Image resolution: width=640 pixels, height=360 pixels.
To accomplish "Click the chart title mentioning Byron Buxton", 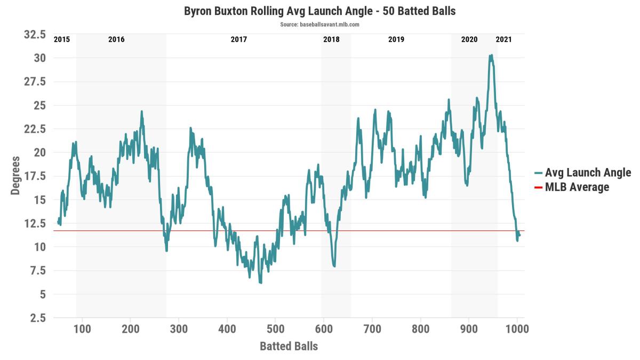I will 319,11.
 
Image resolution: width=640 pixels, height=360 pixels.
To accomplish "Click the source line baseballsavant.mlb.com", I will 319,25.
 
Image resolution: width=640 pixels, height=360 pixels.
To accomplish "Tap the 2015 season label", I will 62,39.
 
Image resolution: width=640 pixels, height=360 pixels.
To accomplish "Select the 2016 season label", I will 116,39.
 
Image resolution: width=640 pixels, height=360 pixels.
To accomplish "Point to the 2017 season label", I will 238,39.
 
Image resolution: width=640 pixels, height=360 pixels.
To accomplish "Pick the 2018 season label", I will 331,39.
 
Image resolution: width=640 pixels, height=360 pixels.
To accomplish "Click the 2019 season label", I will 396,39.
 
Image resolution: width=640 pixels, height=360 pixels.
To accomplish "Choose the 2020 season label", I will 469,39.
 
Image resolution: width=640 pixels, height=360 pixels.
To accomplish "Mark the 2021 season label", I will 503,39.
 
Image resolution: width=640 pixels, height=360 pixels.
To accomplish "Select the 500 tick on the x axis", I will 275,329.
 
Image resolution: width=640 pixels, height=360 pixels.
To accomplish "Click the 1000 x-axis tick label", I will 517,329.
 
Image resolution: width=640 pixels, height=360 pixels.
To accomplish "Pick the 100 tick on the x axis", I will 82,329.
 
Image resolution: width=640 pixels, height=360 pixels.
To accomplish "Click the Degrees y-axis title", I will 15,175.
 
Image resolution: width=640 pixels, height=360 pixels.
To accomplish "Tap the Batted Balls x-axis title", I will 289,346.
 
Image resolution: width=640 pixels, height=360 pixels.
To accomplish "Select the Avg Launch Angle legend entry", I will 582,173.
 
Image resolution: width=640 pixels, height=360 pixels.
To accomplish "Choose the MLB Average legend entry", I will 572,187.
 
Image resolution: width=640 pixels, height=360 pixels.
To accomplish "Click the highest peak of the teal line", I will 491,55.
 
